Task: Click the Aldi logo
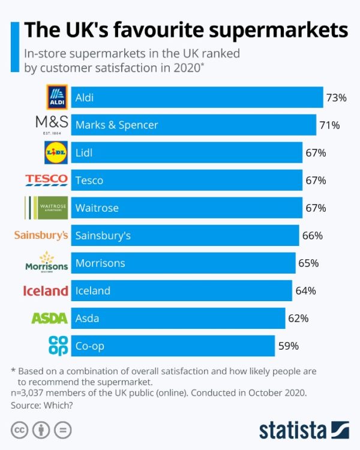coord(57,97)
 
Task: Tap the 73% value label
coord(336,97)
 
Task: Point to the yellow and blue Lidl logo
coord(57,152)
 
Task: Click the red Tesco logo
coord(46,180)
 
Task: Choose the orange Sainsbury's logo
coord(41,235)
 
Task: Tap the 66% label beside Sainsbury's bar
coord(313,235)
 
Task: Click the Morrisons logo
coord(46,262)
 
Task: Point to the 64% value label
coord(305,290)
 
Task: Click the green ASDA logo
coord(49,318)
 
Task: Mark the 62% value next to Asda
coord(298,318)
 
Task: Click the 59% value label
coord(288,346)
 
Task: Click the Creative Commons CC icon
coord(20,430)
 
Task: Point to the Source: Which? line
coord(41,406)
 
